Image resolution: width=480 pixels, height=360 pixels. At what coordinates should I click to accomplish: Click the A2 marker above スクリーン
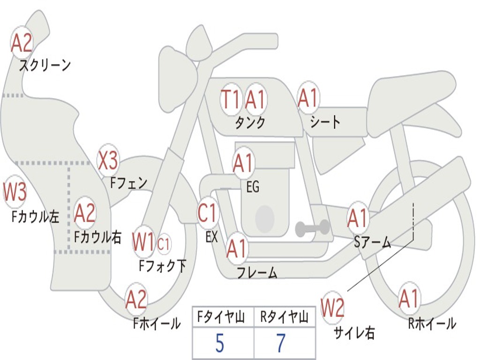pos(22,44)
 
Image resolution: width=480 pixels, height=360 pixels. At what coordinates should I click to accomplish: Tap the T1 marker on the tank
pos(231,99)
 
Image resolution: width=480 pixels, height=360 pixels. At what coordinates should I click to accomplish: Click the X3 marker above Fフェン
pos(108,161)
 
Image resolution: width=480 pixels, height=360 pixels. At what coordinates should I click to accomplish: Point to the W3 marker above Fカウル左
pos(15,192)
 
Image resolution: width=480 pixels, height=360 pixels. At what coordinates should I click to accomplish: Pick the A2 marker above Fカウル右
pos(85,213)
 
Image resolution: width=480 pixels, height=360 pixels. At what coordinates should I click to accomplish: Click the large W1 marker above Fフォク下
pos(143,242)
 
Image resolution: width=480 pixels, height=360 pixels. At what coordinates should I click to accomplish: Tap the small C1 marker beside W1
pos(164,243)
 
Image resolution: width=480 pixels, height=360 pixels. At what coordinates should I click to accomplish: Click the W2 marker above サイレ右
pos(332,308)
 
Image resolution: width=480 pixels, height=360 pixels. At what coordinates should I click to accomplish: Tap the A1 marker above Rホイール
pos(409,299)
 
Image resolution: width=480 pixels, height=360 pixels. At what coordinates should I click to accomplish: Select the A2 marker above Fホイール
pos(136,300)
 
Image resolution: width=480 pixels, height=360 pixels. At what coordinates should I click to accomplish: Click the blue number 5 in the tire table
pos(220,344)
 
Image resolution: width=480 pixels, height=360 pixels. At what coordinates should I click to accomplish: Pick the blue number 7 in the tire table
pos(281,344)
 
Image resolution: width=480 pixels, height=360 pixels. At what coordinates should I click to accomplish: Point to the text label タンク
pos(250,123)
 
